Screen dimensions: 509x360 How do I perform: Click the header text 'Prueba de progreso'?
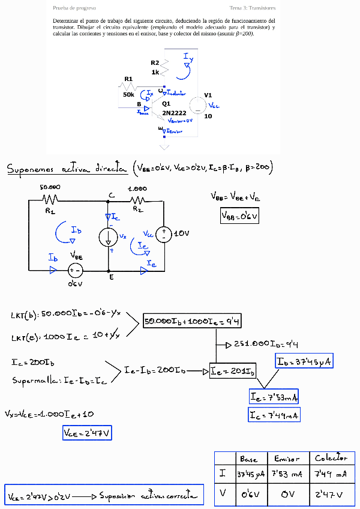[x=74, y=8]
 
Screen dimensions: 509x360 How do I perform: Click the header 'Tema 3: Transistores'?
[x=253, y=8]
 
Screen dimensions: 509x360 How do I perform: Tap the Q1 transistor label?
[x=166, y=104]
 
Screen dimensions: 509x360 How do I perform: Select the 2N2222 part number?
[x=174, y=113]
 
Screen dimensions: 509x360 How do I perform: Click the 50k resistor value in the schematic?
[x=128, y=94]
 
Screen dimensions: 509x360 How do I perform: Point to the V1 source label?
[x=208, y=95]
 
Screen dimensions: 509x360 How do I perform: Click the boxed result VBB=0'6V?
[x=239, y=215]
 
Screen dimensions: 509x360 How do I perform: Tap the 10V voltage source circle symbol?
[x=163, y=233]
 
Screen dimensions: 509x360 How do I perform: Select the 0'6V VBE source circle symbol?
[x=75, y=270]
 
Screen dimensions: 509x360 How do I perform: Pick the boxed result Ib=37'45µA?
[x=304, y=361]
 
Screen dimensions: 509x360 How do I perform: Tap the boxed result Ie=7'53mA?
[x=274, y=397]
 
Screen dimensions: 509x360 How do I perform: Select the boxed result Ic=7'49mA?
[x=274, y=415]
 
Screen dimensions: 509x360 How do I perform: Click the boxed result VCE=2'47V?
[x=88, y=432]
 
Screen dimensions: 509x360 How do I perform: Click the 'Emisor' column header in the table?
[x=286, y=459]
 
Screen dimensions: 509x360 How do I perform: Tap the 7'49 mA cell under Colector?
[x=331, y=474]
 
